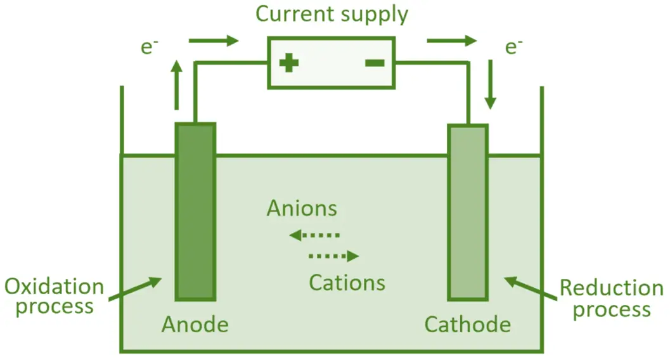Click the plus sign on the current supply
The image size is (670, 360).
click(x=289, y=63)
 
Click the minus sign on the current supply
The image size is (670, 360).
click(x=374, y=62)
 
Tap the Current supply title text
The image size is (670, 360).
click(x=332, y=14)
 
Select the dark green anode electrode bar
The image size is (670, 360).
click(x=195, y=212)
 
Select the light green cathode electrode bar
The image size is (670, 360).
click(x=468, y=212)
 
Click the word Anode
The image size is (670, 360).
click(x=195, y=325)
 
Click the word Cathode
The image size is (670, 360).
click(x=467, y=325)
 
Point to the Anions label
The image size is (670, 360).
click(x=302, y=209)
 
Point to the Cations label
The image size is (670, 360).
click(x=347, y=282)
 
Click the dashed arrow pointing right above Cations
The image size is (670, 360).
click(x=333, y=257)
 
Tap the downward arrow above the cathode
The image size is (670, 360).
click(x=490, y=84)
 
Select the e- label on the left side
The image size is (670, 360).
click(x=149, y=48)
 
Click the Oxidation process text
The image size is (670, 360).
click(x=54, y=297)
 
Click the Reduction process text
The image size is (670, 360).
click(x=611, y=299)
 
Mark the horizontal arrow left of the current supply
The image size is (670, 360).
click(x=213, y=42)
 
